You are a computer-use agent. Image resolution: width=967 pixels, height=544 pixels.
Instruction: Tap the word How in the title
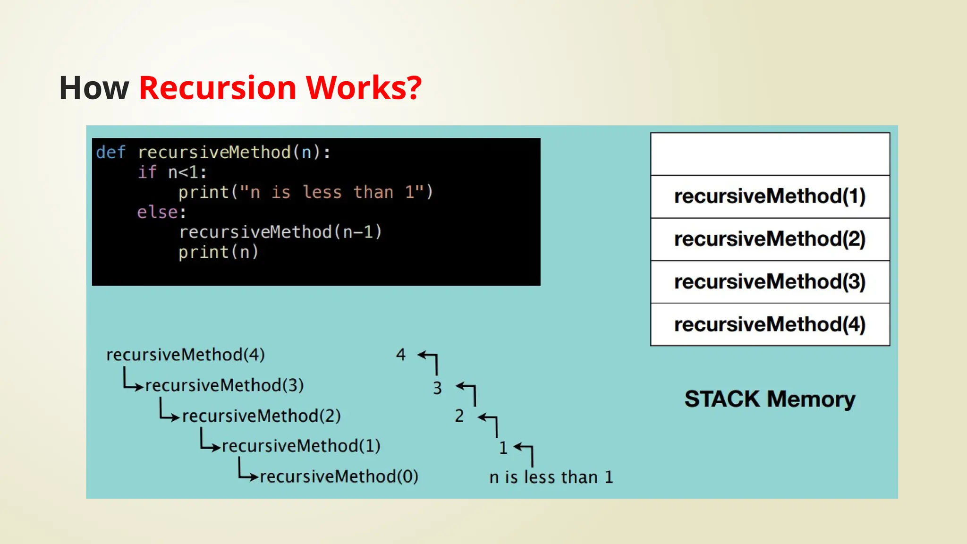[x=94, y=88]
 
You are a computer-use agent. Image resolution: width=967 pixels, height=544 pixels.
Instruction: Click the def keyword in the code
[x=110, y=153]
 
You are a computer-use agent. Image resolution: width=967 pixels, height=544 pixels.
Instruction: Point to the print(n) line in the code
[x=218, y=252]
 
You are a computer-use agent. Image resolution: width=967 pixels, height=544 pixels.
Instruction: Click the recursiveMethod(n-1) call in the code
[x=280, y=232]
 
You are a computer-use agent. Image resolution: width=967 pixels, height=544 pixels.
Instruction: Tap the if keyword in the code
[x=147, y=172]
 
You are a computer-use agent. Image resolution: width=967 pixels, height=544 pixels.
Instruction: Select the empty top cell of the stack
[x=770, y=154]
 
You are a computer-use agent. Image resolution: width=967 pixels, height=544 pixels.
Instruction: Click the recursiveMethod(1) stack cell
[x=770, y=196]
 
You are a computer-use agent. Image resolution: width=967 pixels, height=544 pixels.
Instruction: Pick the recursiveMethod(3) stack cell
[x=770, y=282]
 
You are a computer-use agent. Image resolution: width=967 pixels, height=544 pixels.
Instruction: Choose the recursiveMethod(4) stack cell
[x=770, y=324]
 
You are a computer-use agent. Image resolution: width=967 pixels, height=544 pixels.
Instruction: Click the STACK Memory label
[x=770, y=399]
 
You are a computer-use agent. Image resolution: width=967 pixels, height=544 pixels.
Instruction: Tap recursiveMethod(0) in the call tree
[x=339, y=476]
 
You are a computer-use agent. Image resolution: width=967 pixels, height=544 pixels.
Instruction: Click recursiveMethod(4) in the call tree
[x=186, y=355]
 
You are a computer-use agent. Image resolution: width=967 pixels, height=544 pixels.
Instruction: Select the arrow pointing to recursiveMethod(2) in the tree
[x=169, y=411]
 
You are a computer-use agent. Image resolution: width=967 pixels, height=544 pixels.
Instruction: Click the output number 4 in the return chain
[x=400, y=354]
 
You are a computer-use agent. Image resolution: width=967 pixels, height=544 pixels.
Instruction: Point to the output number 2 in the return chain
[x=459, y=416]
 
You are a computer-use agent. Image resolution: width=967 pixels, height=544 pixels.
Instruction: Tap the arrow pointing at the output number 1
[x=525, y=451]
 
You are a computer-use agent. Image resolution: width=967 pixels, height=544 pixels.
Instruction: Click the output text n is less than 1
[x=551, y=477]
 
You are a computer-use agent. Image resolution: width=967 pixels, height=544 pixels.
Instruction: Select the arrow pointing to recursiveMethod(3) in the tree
[x=132, y=381]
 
